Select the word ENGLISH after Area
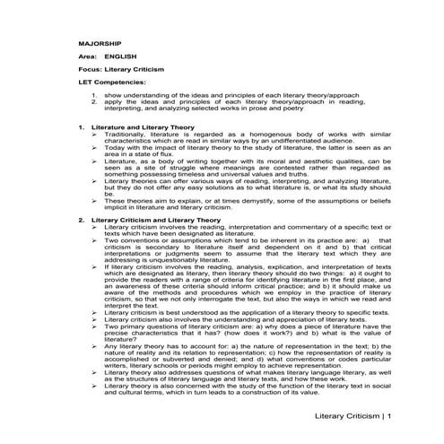click(x=120, y=56)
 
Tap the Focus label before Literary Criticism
click(x=90, y=68)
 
